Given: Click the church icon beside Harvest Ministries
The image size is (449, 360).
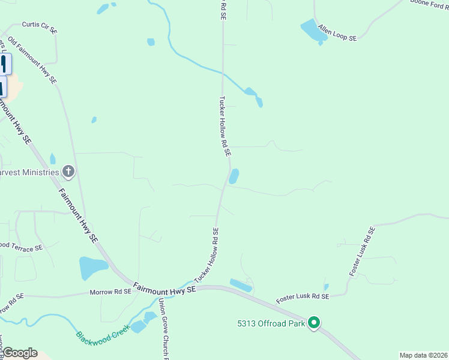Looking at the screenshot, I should pyautogui.click(x=68, y=172).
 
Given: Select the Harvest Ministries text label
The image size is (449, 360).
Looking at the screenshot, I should pyautogui.click(x=29, y=172).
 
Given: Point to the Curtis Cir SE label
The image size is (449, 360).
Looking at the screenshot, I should pyautogui.click(x=40, y=26).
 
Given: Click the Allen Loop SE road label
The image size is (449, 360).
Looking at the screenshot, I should pyautogui.click(x=337, y=33).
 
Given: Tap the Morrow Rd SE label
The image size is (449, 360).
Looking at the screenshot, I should pyautogui.click(x=110, y=293).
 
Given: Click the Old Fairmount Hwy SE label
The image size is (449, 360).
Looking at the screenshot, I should pyautogui.click(x=32, y=59).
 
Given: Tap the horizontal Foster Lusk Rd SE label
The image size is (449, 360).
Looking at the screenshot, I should pyautogui.click(x=302, y=297).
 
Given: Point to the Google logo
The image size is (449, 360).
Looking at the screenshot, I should pyautogui.click(x=19, y=353).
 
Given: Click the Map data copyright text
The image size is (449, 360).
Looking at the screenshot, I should pyautogui.click(x=423, y=355).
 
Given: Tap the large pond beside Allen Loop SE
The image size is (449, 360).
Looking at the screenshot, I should pyautogui.click(x=313, y=31).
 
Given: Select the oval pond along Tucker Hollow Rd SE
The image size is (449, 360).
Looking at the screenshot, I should pyautogui.click(x=234, y=176).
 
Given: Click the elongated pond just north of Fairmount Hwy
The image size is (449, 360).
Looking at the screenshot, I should pyautogui.click(x=241, y=286).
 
